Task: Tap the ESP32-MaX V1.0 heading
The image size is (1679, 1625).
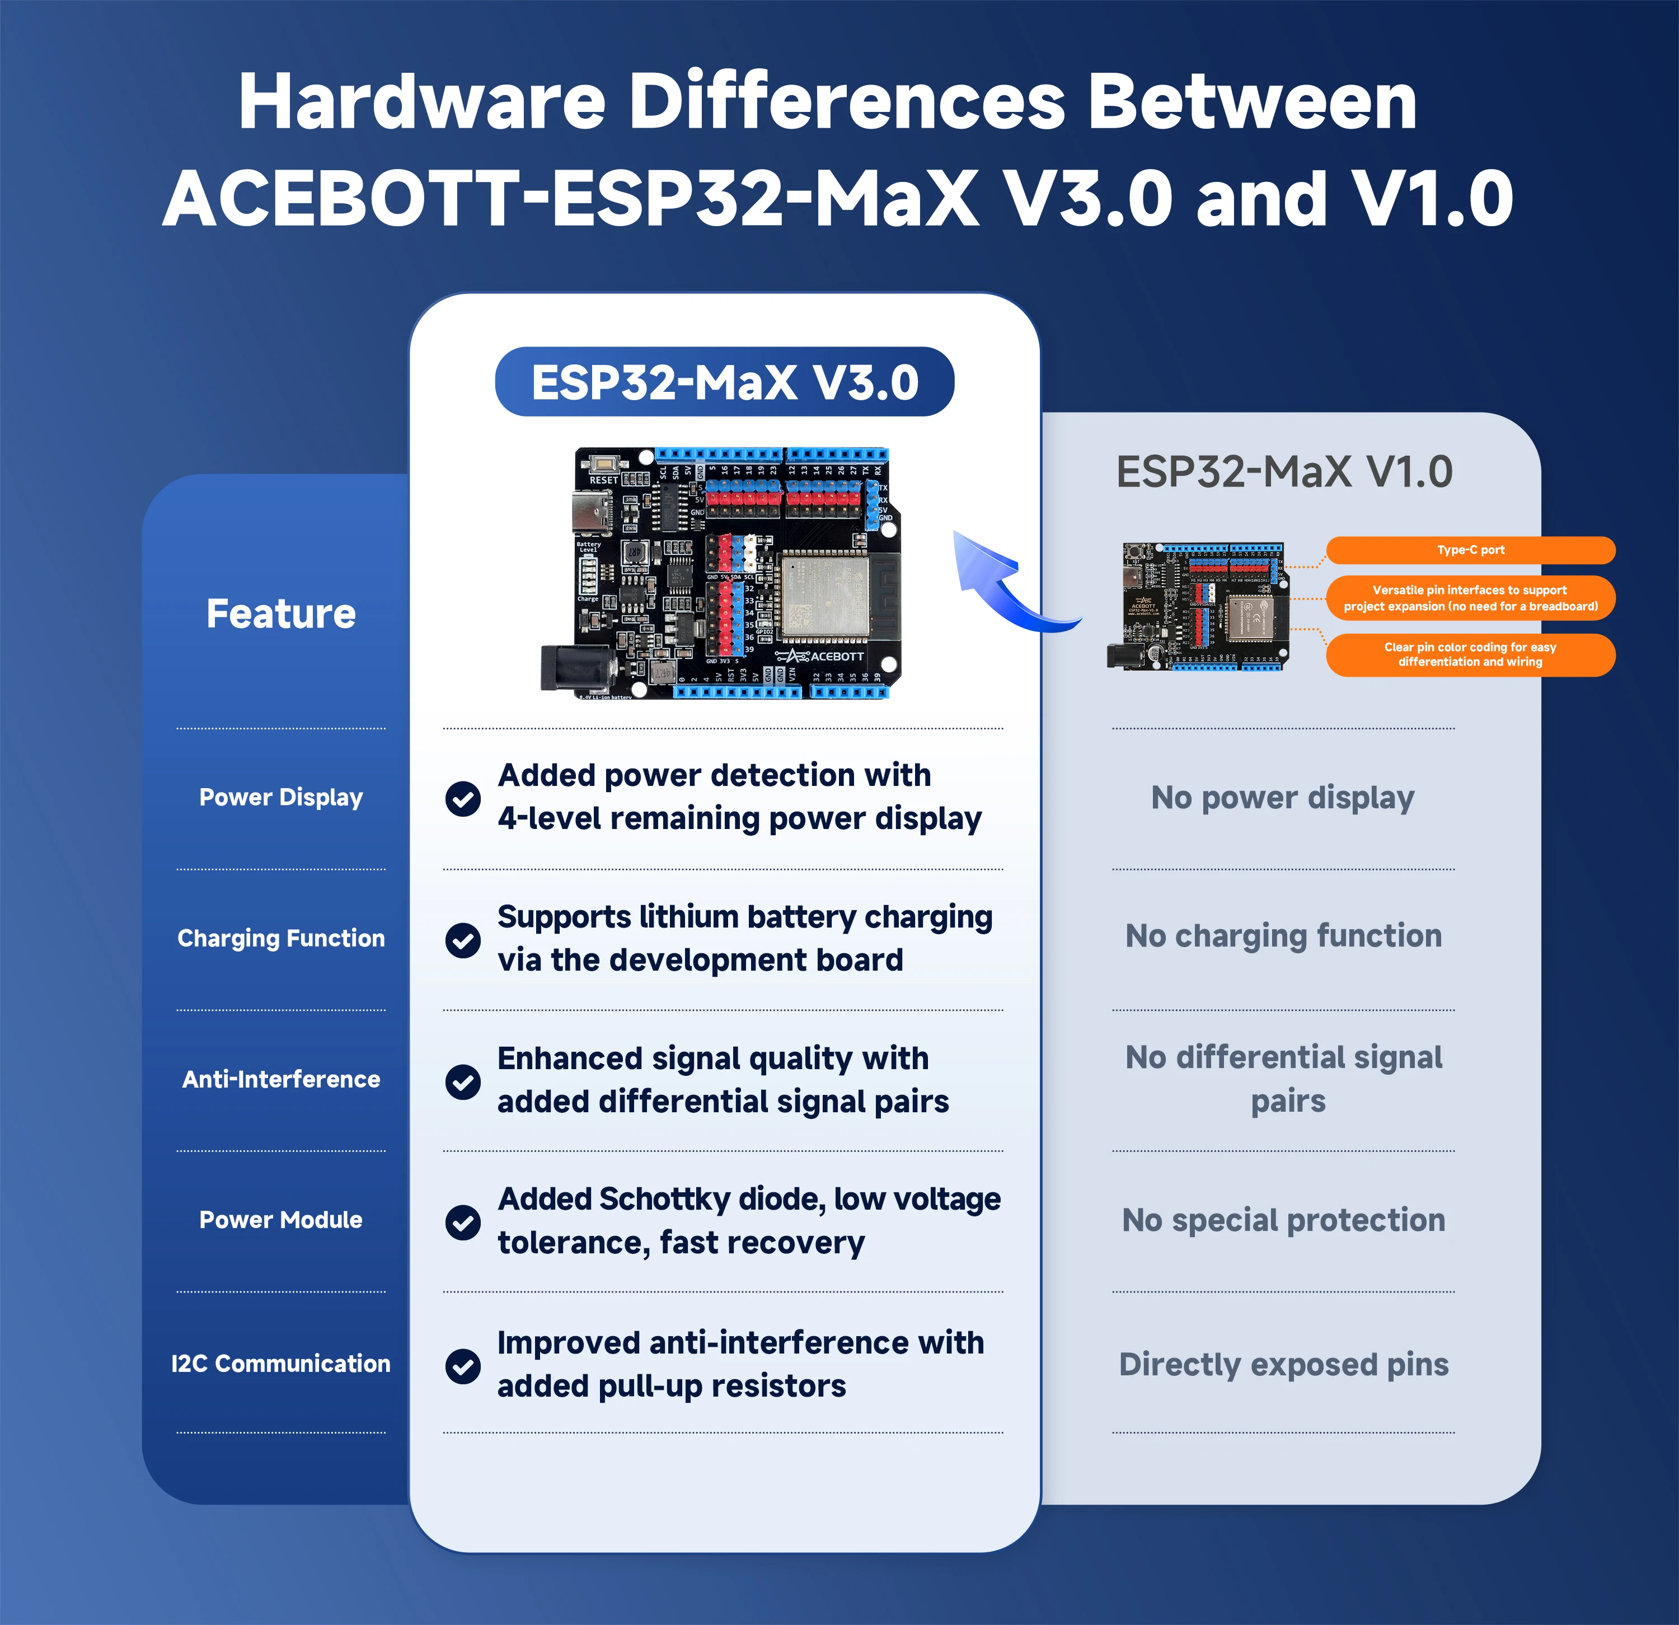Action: click(x=1283, y=472)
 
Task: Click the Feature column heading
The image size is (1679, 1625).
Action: click(x=281, y=614)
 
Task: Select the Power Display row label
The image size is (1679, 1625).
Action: click(x=281, y=798)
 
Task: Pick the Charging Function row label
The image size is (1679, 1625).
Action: click(x=281, y=939)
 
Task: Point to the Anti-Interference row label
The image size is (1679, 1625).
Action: click(x=281, y=1079)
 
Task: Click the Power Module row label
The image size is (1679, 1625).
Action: click(x=281, y=1220)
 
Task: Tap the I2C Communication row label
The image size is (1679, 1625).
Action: click(x=281, y=1364)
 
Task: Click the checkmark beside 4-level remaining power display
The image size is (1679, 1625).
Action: click(x=463, y=798)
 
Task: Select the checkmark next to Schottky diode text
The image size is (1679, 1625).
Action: click(x=463, y=1223)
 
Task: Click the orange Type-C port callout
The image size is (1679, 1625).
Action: click(x=1470, y=550)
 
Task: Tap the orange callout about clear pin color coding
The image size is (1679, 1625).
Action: click(x=1470, y=654)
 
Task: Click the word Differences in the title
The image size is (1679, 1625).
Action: click(x=848, y=103)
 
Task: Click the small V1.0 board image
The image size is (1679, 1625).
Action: click(x=1199, y=606)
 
